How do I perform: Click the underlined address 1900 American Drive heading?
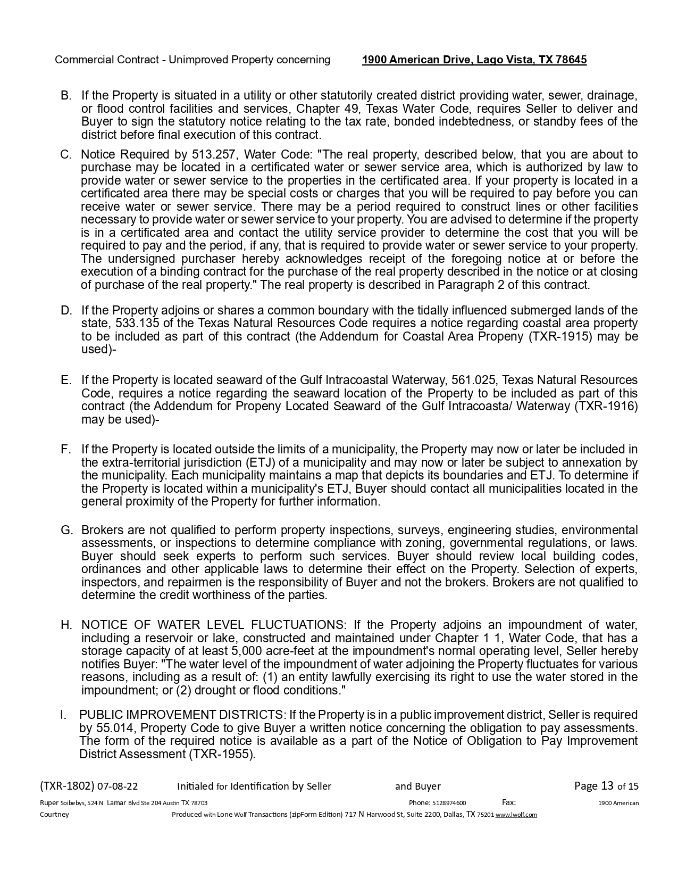click(474, 60)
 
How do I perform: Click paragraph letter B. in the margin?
click(66, 96)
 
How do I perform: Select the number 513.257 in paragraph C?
click(211, 155)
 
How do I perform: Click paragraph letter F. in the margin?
click(66, 450)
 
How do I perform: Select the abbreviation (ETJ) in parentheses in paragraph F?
click(260, 463)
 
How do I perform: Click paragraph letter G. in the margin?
click(66, 531)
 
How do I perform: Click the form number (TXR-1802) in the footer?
click(67, 786)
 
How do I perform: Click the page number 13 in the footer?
click(607, 786)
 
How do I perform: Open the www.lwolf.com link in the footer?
click(516, 815)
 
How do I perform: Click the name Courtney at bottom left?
click(54, 815)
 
